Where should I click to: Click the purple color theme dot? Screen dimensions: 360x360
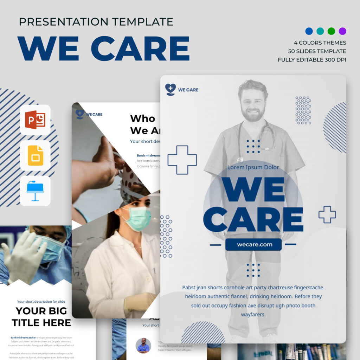point(342,31)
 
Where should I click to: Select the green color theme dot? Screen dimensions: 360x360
point(331,31)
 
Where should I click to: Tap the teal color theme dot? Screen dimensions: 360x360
point(320,31)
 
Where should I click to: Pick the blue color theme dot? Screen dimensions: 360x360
point(309,31)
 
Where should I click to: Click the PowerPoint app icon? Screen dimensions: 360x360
point(35,120)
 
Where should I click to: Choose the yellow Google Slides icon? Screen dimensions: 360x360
point(35,155)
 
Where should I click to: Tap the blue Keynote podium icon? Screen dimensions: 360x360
point(35,191)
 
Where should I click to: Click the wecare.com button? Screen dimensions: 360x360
point(253,244)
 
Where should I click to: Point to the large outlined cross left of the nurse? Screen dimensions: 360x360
point(182,160)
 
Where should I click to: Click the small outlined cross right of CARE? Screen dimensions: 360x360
point(327,214)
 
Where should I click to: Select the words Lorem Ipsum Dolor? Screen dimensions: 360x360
point(253,167)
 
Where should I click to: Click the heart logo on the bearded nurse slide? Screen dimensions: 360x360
point(171,89)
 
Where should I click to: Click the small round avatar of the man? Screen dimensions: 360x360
point(143,345)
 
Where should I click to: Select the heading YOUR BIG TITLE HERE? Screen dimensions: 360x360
point(41,316)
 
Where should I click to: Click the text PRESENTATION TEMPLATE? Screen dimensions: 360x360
point(96,22)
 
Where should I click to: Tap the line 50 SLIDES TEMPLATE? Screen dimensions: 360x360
point(317,51)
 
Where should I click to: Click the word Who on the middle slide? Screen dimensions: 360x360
point(142,118)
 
